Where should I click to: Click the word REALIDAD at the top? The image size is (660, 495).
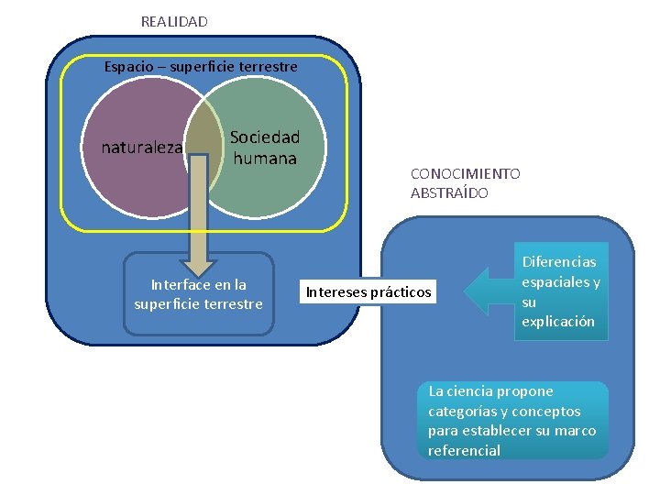pos(174,21)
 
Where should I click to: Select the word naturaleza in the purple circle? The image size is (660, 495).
pos(142,147)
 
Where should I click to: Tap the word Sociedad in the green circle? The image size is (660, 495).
pos(265,137)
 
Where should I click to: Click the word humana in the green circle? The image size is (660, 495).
pos(265,159)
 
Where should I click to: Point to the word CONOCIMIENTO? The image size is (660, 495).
pos(465,173)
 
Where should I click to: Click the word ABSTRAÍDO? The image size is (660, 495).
pos(449,193)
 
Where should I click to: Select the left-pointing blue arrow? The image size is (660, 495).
pos(486,292)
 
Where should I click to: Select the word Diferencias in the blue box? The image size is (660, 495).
pos(559,262)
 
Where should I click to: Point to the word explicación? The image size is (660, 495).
pos(558,322)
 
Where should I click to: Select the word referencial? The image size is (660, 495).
pos(464,450)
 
